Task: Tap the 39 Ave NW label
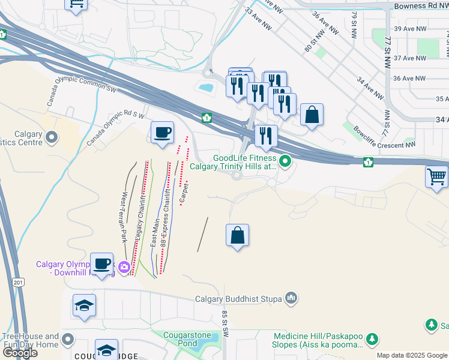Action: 409,29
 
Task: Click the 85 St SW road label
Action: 226,323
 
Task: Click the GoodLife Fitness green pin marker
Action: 285,161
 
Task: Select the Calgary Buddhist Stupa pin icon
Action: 291,298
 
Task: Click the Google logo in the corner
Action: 20,353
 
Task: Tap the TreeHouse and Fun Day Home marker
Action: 68,340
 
